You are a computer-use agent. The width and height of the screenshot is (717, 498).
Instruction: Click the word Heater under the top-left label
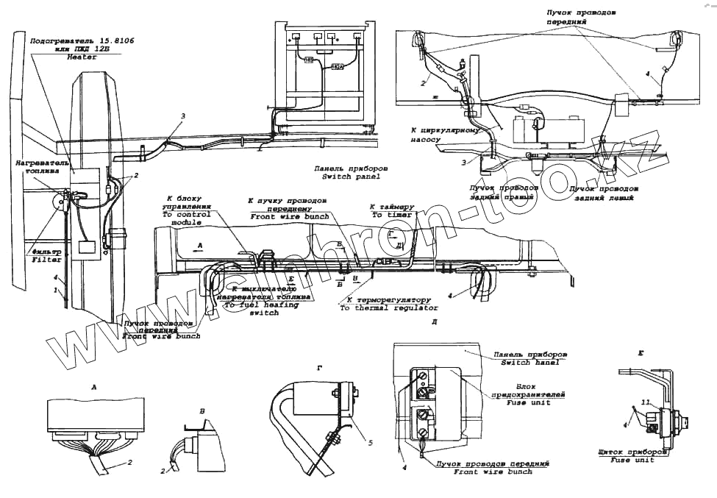pos(81,57)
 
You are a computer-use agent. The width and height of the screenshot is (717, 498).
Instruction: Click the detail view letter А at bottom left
pos(93,385)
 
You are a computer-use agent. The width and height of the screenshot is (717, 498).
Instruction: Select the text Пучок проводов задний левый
pos(603,193)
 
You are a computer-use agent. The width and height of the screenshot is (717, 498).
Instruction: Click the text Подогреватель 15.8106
pos(82,40)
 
